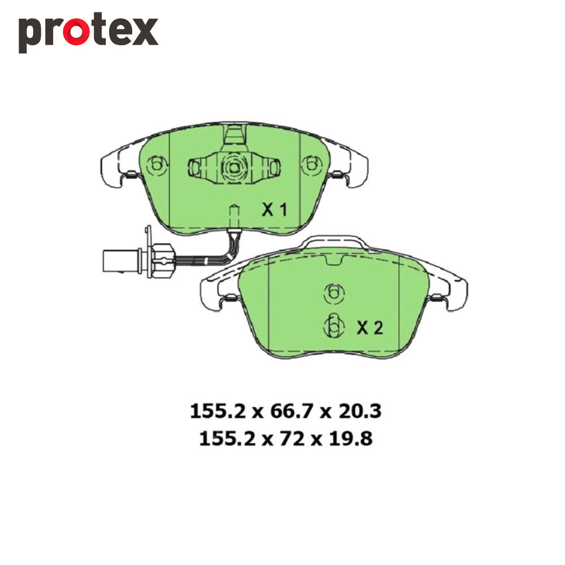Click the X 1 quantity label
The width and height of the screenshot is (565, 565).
click(x=275, y=210)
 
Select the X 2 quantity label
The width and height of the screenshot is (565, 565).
click(x=370, y=328)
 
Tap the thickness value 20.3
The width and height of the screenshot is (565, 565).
click(x=359, y=411)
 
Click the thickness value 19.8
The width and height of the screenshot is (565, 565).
click(x=351, y=439)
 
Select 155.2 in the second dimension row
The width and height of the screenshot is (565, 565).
click(x=227, y=439)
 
